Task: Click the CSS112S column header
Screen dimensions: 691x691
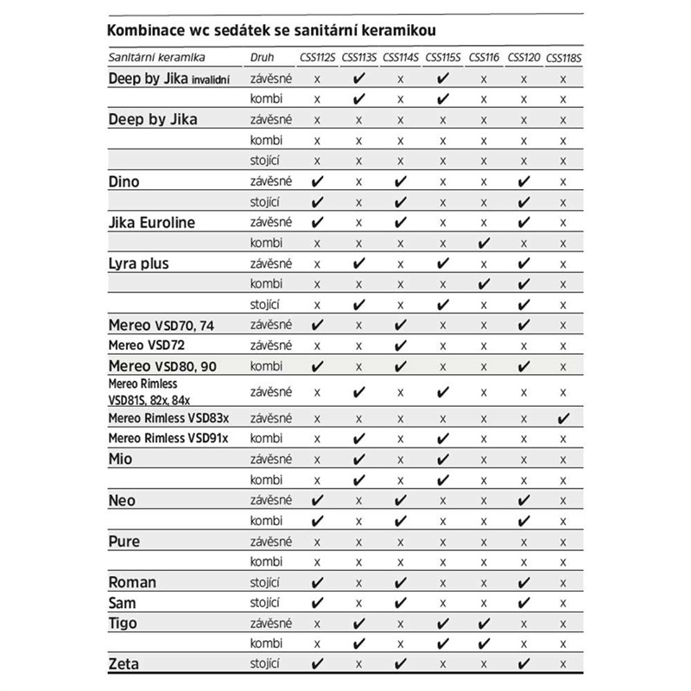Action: click(x=317, y=57)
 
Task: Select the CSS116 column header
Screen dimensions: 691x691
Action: click(x=483, y=57)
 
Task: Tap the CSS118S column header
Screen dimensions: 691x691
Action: click(x=563, y=57)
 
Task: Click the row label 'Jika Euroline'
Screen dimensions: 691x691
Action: click(x=152, y=223)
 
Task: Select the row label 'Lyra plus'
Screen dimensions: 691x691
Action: click(x=142, y=263)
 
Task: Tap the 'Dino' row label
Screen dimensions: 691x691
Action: click(x=124, y=182)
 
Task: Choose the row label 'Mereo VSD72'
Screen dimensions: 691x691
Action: click(x=145, y=345)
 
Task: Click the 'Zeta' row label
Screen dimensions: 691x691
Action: click(x=124, y=664)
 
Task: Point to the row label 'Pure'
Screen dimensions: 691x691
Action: click(x=124, y=542)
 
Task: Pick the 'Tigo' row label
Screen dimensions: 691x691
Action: click(x=123, y=624)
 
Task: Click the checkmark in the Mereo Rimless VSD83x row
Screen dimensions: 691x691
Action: click(x=564, y=419)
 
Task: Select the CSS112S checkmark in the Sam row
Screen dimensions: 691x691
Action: click(x=317, y=603)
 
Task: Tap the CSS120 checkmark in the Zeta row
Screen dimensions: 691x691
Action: click(x=523, y=664)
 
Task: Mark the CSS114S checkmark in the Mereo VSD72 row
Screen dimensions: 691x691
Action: click(x=400, y=345)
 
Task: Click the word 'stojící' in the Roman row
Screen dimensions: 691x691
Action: click(x=263, y=582)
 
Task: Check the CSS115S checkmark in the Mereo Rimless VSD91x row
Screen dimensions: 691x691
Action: click(x=442, y=439)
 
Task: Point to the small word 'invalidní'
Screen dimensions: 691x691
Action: click(x=216, y=80)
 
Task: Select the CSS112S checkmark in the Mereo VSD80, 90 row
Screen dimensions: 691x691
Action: click(x=317, y=366)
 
